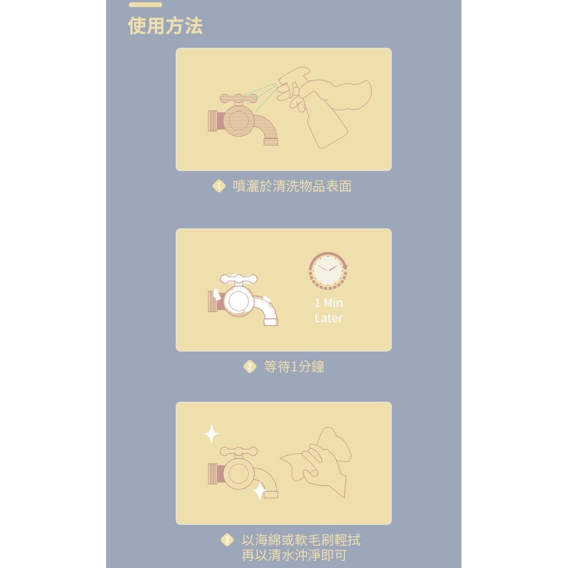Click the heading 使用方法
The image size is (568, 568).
point(165,26)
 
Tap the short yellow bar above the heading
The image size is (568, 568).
point(145,4)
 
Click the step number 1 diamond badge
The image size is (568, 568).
point(219,186)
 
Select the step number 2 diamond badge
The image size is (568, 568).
point(250,367)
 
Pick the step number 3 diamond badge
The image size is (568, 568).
point(227,540)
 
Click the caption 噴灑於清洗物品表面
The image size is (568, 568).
point(292,186)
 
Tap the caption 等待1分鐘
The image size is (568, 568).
point(294,367)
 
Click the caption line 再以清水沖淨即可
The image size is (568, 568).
point(294,555)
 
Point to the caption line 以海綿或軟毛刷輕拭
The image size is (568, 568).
point(301,540)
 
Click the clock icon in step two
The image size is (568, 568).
point(328,271)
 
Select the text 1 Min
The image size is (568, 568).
point(328,303)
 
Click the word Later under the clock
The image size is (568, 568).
point(328,318)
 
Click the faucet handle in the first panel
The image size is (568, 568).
point(239,98)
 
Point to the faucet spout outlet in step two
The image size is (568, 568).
point(271,322)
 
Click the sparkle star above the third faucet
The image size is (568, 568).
point(211,434)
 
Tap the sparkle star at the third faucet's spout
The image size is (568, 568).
point(260,490)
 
